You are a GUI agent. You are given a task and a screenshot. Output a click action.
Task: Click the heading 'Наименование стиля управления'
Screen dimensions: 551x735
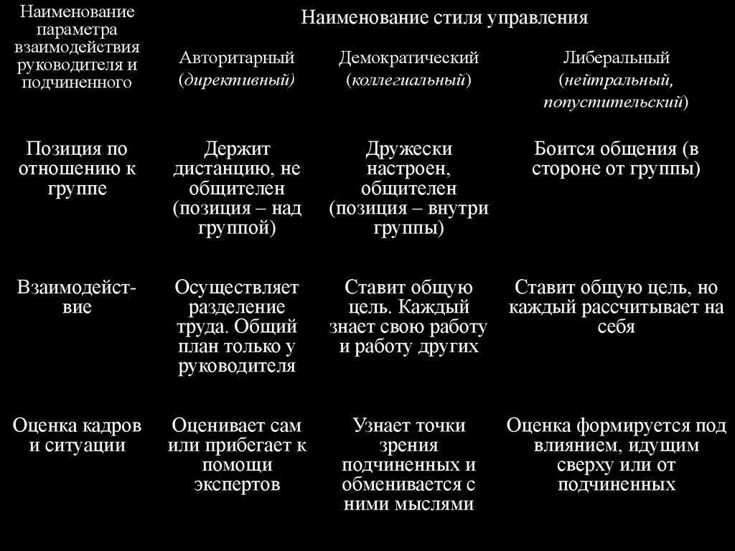[444, 18]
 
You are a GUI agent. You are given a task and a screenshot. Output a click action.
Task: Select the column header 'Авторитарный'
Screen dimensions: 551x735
[237, 57]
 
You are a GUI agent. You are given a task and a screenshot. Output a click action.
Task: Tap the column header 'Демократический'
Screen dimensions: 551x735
[408, 57]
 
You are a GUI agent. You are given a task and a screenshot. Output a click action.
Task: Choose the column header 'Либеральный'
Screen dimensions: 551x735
[616, 57]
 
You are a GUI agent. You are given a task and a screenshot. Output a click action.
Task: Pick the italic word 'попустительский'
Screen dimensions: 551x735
[612, 103]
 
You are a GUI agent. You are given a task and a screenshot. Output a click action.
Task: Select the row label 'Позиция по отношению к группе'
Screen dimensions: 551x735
[77, 169]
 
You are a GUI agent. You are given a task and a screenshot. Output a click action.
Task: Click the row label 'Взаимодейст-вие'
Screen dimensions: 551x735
[77, 298]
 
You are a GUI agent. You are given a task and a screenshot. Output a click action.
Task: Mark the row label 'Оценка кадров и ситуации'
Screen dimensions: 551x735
[77, 435]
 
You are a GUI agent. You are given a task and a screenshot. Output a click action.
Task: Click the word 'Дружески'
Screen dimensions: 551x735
[408, 149]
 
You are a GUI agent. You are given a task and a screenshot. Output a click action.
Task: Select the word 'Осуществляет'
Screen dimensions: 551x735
[237, 288]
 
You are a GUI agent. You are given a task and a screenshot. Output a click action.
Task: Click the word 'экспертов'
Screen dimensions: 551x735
[237, 484]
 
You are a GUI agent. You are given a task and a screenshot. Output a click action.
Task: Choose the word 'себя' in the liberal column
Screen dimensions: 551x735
[616, 327]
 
